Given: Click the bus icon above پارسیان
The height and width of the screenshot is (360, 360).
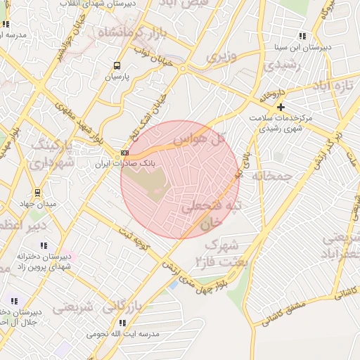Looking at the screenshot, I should pyautogui.click(x=116, y=66).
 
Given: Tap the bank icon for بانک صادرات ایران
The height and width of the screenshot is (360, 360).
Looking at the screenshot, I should pyautogui.click(x=124, y=153).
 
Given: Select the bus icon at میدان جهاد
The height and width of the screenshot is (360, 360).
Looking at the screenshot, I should pyautogui.click(x=37, y=193).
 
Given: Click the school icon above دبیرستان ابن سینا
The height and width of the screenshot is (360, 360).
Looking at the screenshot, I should pyautogui.click(x=302, y=36).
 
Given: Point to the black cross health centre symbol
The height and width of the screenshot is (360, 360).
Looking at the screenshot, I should pyautogui.click(x=281, y=107).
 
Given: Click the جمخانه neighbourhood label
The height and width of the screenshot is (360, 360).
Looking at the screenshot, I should pyautogui.click(x=271, y=176).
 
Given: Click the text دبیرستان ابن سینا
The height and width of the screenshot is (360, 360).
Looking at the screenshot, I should pyautogui.click(x=303, y=48).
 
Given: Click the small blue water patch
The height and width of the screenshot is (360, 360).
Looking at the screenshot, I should pyautogui.click(x=173, y=285).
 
